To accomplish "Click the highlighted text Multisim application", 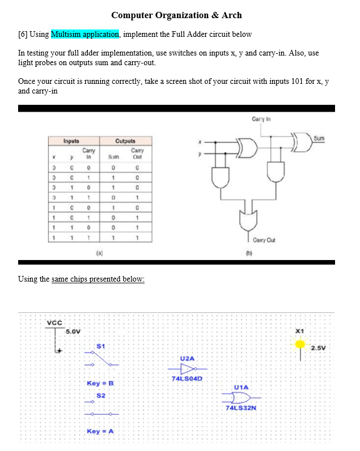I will click(85, 34).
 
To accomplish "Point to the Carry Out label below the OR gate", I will click(265, 240).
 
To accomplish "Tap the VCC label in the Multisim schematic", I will click(54, 322).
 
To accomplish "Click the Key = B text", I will click(100, 384).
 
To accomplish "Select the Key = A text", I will click(100, 432).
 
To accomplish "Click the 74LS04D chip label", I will click(188, 378).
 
